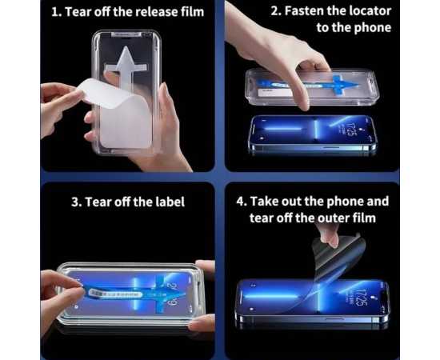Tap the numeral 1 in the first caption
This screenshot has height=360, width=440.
click(x=54, y=12)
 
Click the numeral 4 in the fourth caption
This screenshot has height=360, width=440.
click(x=240, y=202)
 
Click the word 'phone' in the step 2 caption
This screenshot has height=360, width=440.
click(x=373, y=27)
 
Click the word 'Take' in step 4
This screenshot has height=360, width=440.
click(x=262, y=202)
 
